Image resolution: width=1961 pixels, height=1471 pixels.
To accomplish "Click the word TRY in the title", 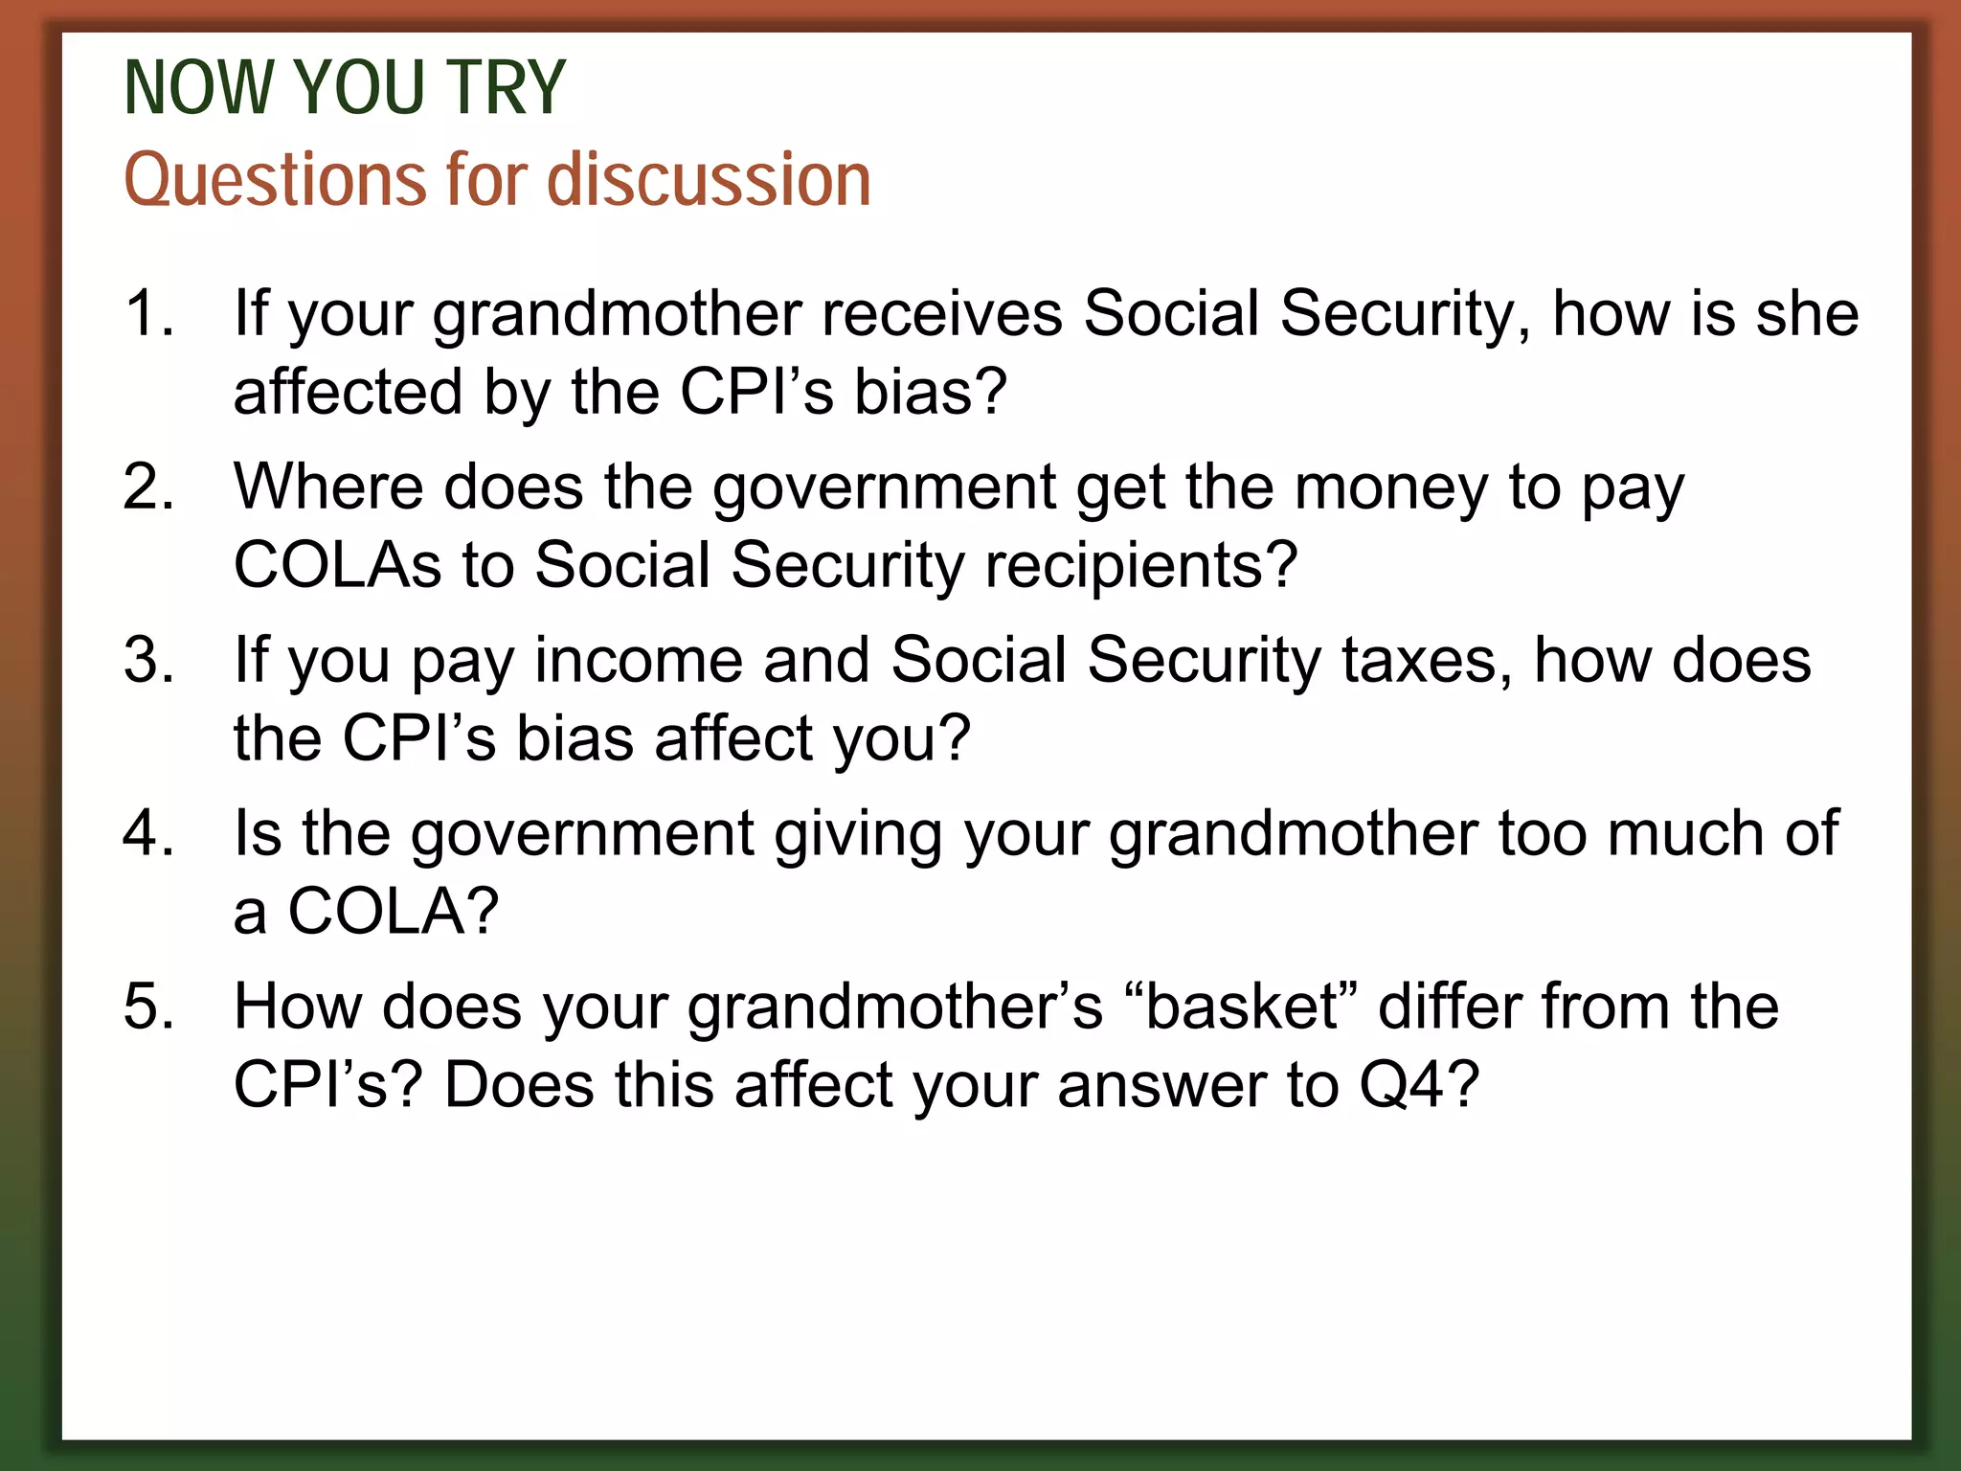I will (x=506, y=88).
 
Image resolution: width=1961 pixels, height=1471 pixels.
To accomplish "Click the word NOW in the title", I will (x=199, y=88).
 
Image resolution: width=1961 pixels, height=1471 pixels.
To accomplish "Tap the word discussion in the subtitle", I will (x=709, y=180).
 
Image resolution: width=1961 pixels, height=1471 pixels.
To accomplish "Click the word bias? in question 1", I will (x=930, y=392).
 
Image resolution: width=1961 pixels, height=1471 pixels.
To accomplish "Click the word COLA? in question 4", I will (x=394, y=911).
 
